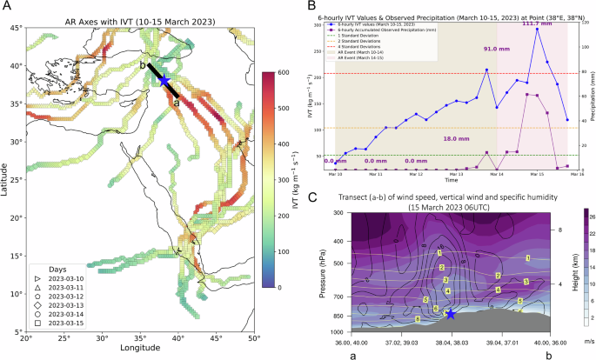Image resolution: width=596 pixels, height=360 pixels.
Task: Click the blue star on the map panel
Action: (x=164, y=81)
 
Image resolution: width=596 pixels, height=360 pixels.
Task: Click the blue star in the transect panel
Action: (x=451, y=313)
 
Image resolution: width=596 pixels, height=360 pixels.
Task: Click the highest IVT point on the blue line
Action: (x=537, y=29)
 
